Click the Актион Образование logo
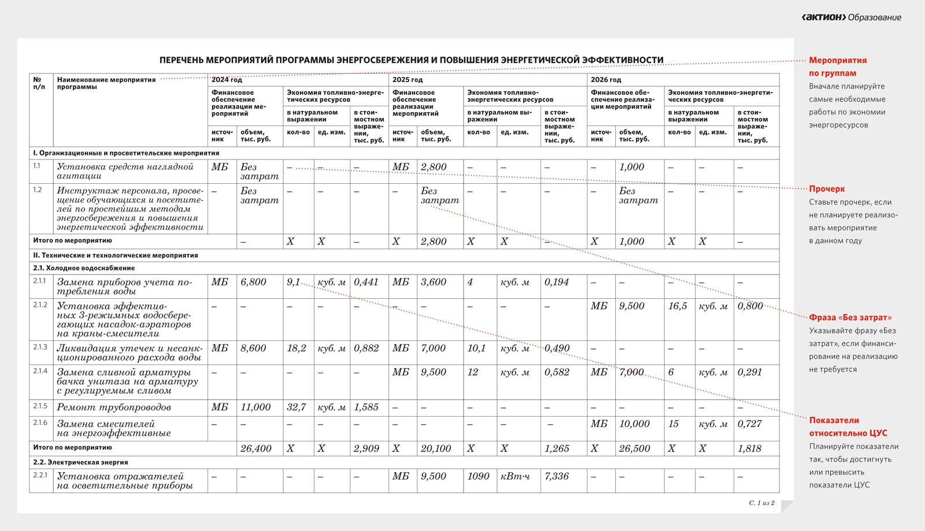click(851, 17)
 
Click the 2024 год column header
click(227, 80)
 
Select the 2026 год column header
click(606, 80)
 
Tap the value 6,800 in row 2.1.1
click(253, 282)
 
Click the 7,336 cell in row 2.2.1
click(556, 477)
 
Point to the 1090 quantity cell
click(478, 477)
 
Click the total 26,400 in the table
click(256, 448)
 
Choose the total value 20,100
click(436, 448)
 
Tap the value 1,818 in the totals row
click(749, 448)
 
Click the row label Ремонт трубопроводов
click(114, 407)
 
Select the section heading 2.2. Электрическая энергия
click(80, 462)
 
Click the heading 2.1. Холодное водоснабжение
click(84, 268)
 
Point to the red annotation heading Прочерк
click(827, 189)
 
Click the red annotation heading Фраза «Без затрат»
click(850, 317)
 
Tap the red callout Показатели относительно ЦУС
click(848, 426)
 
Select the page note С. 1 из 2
click(761, 503)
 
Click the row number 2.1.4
click(40, 371)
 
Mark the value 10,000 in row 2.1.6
click(634, 424)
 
